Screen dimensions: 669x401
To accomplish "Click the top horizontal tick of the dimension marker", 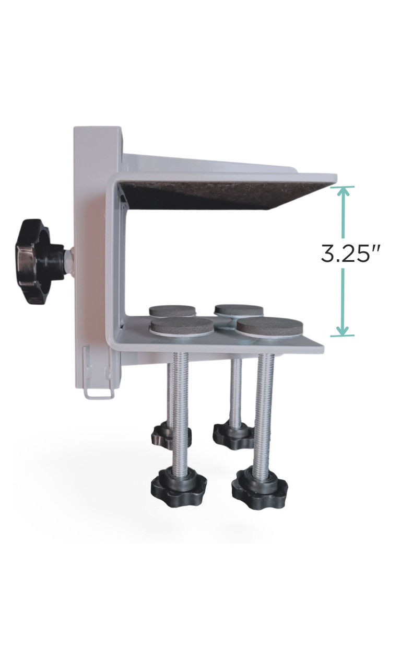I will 343,187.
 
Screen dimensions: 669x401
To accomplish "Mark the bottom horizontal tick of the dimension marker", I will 343,336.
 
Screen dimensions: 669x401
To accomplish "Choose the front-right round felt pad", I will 269,326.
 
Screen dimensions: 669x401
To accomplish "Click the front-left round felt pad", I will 182,326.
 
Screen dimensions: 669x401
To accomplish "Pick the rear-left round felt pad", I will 172,311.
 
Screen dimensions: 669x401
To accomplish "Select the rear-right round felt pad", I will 239,310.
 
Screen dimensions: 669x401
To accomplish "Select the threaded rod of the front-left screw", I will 181,408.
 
